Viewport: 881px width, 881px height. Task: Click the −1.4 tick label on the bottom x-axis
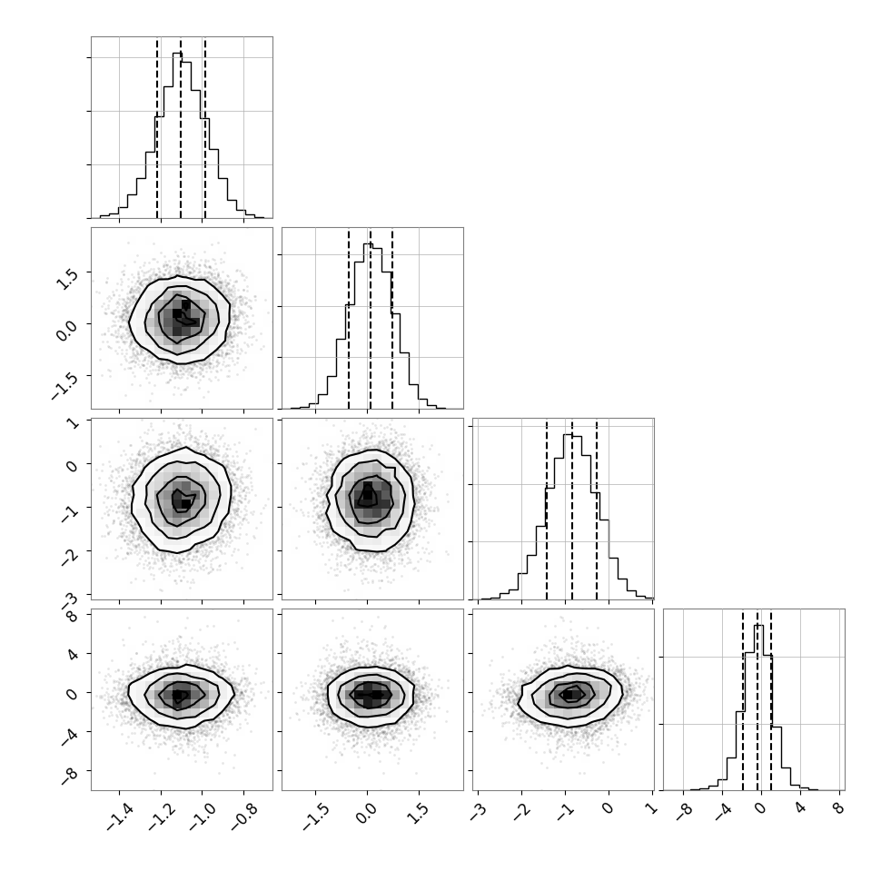[120, 816]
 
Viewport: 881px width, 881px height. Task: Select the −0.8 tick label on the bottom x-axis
[244, 816]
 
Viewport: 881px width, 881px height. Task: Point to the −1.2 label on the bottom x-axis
[162, 816]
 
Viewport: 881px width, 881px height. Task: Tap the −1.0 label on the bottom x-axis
[203, 816]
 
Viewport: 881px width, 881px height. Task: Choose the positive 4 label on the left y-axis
[72, 654]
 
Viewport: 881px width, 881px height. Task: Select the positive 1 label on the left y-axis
[73, 422]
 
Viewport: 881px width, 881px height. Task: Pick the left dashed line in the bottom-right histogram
[743, 699]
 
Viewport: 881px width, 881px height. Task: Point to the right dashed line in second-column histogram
[392, 318]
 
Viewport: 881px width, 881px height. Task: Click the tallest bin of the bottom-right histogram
[758, 708]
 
